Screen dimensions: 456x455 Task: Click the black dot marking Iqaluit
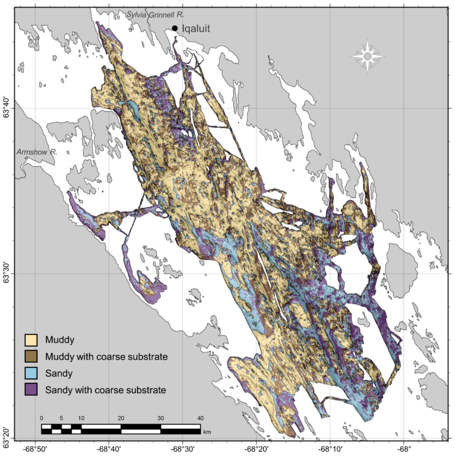click(x=175, y=28)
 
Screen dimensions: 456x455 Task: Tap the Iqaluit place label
click(x=196, y=28)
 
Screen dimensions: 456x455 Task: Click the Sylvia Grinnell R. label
click(x=155, y=15)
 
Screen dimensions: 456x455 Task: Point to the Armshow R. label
click(x=37, y=152)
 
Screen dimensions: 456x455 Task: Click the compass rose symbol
click(x=368, y=56)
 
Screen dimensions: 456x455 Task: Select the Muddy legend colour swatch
click(x=31, y=340)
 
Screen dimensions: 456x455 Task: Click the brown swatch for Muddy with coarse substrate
click(x=31, y=356)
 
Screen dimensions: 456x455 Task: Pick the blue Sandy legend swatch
click(x=31, y=373)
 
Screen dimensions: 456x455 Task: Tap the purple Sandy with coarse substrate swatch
click(x=31, y=390)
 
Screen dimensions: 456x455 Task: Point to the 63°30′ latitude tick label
click(x=7, y=274)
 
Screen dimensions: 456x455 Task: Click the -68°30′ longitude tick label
click(x=182, y=449)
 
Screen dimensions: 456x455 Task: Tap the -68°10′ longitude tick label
click(x=330, y=449)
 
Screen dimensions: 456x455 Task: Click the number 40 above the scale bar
click(x=200, y=418)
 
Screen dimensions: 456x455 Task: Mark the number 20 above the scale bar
click(x=121, y=418)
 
